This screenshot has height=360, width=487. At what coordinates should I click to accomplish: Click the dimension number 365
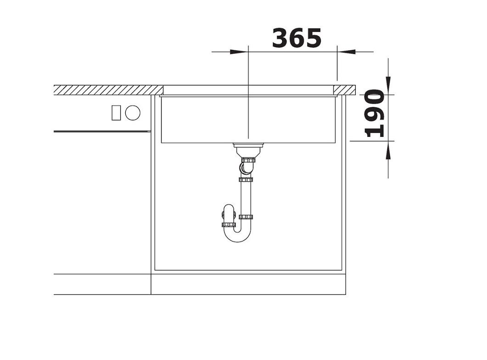(x=297, y=38)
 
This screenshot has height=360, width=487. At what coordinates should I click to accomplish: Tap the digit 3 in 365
(x=280, y=38)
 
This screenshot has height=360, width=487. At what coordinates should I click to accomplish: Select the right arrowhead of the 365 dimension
(x=346, y=51)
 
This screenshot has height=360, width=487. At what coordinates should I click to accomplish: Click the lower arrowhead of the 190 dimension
(x=388, y=150)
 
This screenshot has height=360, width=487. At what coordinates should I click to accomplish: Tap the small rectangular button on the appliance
(x=116, y=112)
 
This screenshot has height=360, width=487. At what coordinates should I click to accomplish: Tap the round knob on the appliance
(x=133, y=112)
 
